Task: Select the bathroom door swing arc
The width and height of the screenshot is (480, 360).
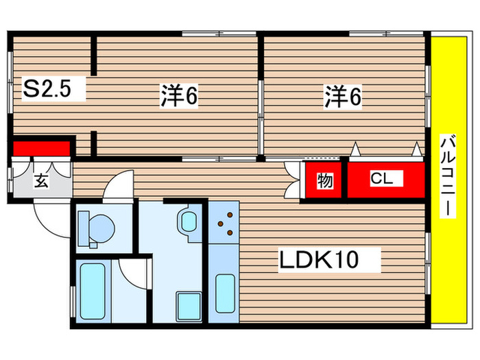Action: pyautogui.click(x=134, y=274)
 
